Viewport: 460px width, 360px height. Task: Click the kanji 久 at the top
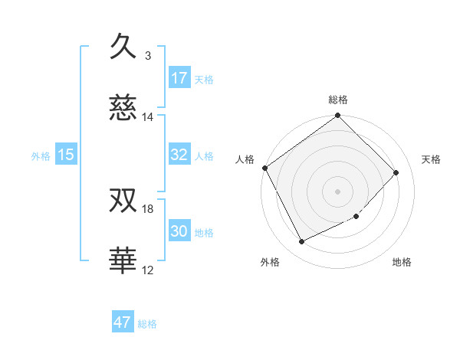[123, 47]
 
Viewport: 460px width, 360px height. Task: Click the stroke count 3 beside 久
[148, 56]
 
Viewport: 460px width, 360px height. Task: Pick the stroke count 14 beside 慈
[148, 117]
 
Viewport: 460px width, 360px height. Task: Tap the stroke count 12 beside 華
[148, 270]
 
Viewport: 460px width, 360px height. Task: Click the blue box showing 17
[179, 78]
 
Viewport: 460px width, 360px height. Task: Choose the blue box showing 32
[179, 155]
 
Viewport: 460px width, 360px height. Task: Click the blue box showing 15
[66, 155]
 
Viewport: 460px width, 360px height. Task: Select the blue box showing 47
[123, 322]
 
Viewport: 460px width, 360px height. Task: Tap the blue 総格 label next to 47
[147, 324]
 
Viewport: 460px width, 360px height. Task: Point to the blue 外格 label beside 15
[41, 155]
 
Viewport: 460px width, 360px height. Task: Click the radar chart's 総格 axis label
[338, 100]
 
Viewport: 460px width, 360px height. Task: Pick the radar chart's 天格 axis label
[432, 159]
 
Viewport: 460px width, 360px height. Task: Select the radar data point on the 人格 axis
[264, 168]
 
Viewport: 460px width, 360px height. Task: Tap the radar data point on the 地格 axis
[356, 217]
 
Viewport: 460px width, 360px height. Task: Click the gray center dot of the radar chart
[338, 191]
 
